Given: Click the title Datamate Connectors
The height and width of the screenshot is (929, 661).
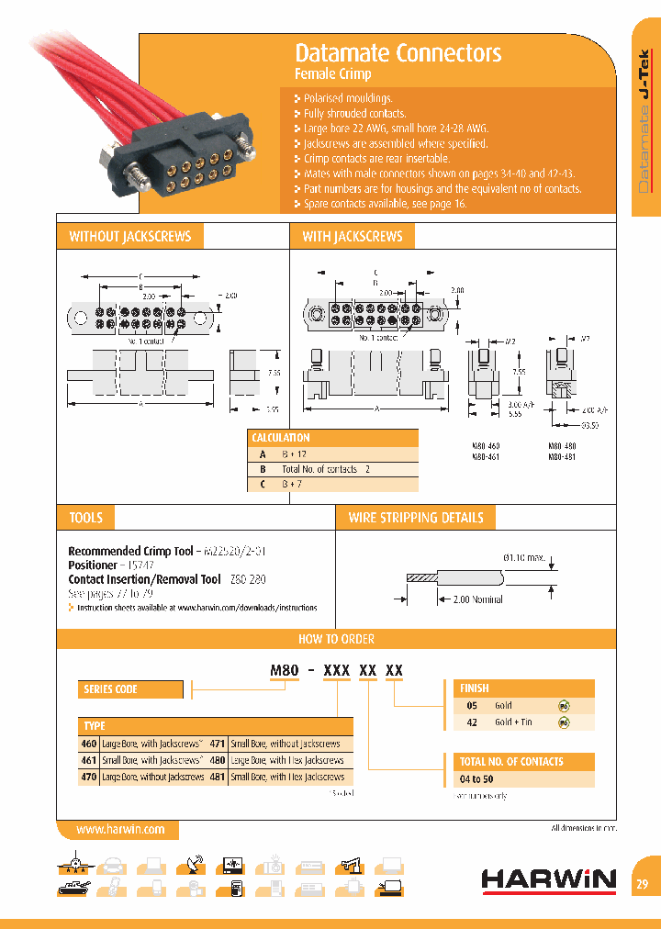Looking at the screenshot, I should click(398, 53).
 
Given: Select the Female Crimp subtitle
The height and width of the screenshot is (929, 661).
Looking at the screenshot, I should click(332, 74).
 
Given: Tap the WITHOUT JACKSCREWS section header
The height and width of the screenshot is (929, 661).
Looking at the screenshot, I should click(129, 237).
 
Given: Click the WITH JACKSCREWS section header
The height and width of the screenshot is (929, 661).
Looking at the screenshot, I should click(353, 237).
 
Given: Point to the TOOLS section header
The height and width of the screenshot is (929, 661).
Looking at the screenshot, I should click(86, 518).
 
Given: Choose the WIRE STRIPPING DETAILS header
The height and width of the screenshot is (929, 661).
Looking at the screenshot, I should click(415, 518).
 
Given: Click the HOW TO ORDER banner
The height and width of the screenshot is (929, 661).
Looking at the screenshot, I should click(336, 639).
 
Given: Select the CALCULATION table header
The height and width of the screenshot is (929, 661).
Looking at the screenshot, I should click(281, 438).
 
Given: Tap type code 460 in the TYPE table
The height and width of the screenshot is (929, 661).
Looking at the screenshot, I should click(89, 744).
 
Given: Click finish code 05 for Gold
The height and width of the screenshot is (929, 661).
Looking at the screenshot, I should click(472, 705).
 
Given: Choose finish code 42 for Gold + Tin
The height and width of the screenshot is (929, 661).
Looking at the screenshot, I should click(472, 722).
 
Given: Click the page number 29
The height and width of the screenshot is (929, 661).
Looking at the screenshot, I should click(642, 885).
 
